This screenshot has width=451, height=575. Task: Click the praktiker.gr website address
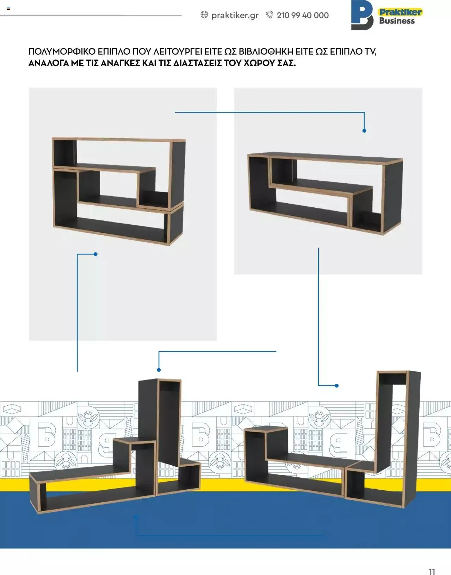[235, 16]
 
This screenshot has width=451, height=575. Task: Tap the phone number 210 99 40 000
[303, 16]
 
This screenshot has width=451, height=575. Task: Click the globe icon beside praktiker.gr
[204, 14]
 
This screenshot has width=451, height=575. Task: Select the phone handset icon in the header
[270, 14]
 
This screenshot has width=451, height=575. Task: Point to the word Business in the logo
[397, 21]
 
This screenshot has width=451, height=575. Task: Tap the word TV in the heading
[370, 52]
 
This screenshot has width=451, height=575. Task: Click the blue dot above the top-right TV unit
[364, 131]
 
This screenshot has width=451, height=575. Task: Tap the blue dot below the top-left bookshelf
[95, 254]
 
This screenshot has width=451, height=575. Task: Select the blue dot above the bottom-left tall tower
[159, 370]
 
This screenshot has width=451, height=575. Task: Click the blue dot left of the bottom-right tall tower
[336, 386]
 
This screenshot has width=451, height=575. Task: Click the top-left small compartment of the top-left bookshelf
[65, 152]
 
